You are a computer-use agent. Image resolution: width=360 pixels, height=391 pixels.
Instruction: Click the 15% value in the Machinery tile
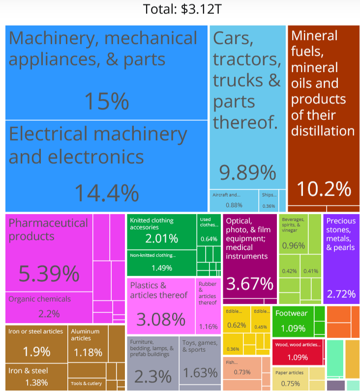pyautogui.click(x=107, y=101)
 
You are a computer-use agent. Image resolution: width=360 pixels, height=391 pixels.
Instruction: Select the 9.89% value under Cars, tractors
pyautogui.click(x=247, y=172)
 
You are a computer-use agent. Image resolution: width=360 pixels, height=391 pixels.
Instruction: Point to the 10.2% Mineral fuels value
pyautogui.click(x=323, y=188)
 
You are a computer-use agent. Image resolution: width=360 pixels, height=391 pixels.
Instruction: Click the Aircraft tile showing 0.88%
pyautogui.click(x=234, y=200)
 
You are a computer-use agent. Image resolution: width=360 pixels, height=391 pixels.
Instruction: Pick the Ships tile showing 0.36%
pyautogui.click(x=269, y=200)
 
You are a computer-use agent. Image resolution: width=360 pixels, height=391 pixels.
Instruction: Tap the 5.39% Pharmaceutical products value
pyautogui.click(x=49, y=273)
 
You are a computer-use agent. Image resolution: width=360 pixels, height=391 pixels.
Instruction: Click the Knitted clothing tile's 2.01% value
pyautogui.click(x=161, y=239)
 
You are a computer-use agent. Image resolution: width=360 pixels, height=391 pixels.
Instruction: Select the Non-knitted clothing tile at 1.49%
pyautogui.click(x=161, y=264)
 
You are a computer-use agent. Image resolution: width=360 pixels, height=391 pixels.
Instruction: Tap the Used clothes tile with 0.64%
pyautogui.click(x=209, y=232)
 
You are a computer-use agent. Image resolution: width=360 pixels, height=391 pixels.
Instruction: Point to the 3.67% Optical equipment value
pyautogui.click(x=249, y=283)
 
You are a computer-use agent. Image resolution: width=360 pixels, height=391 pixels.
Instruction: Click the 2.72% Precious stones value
pyautogui.click(x=341, y=294)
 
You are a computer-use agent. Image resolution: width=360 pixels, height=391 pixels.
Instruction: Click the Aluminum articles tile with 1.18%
pyautogui.click(x=88, y=346)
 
